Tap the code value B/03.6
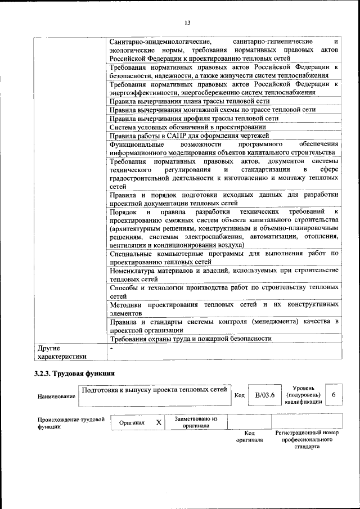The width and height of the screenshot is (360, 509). coord(264,395)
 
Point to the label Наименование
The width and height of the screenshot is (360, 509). coord(56,397)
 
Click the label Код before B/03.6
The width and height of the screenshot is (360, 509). coord(238,395)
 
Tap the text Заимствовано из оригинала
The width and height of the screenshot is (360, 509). coord(196,422)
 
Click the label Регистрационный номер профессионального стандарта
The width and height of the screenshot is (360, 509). coord(307,439)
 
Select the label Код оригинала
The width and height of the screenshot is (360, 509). coord(250,436)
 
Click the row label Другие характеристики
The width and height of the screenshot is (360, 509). coord(62,352)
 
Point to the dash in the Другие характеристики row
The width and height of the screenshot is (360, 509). coord(111,349)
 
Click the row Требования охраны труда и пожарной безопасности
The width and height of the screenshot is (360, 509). coord(191,339)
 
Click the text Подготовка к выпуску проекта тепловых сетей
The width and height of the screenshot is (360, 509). coord(154,389)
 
